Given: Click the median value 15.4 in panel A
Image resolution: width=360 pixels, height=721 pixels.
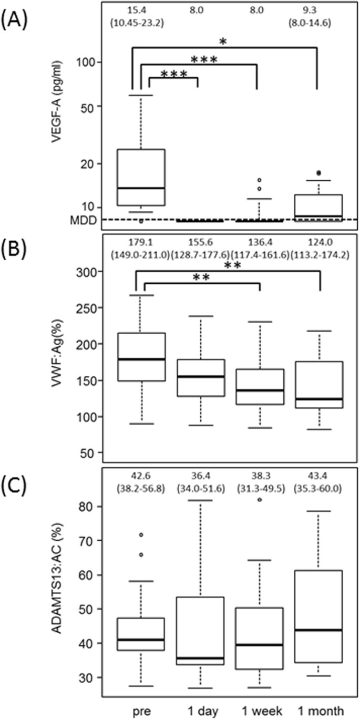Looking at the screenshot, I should click(141, 9).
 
